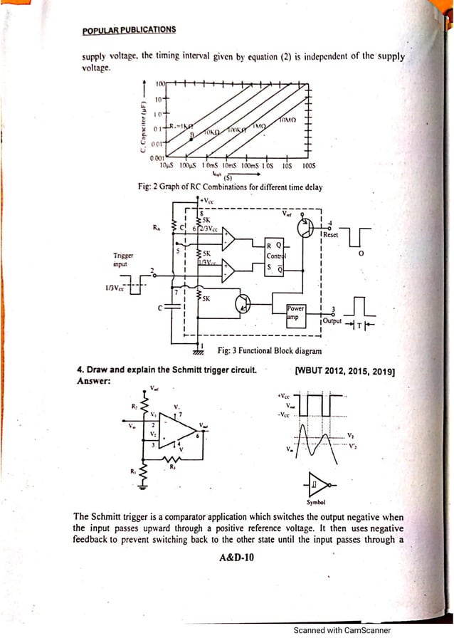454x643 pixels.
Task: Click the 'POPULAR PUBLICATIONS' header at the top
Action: (x=129, y=30)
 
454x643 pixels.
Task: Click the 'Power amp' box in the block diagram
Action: (x=296, y=312)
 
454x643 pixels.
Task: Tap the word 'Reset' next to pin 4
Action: (x=331, y=234)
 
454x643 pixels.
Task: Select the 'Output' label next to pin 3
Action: (x=332, y=321)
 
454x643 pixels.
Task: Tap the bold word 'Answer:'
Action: (x=93, y=381)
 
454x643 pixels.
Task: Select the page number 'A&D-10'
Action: (x=237, y=558)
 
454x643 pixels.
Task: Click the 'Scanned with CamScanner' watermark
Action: (x=342, y=630)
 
